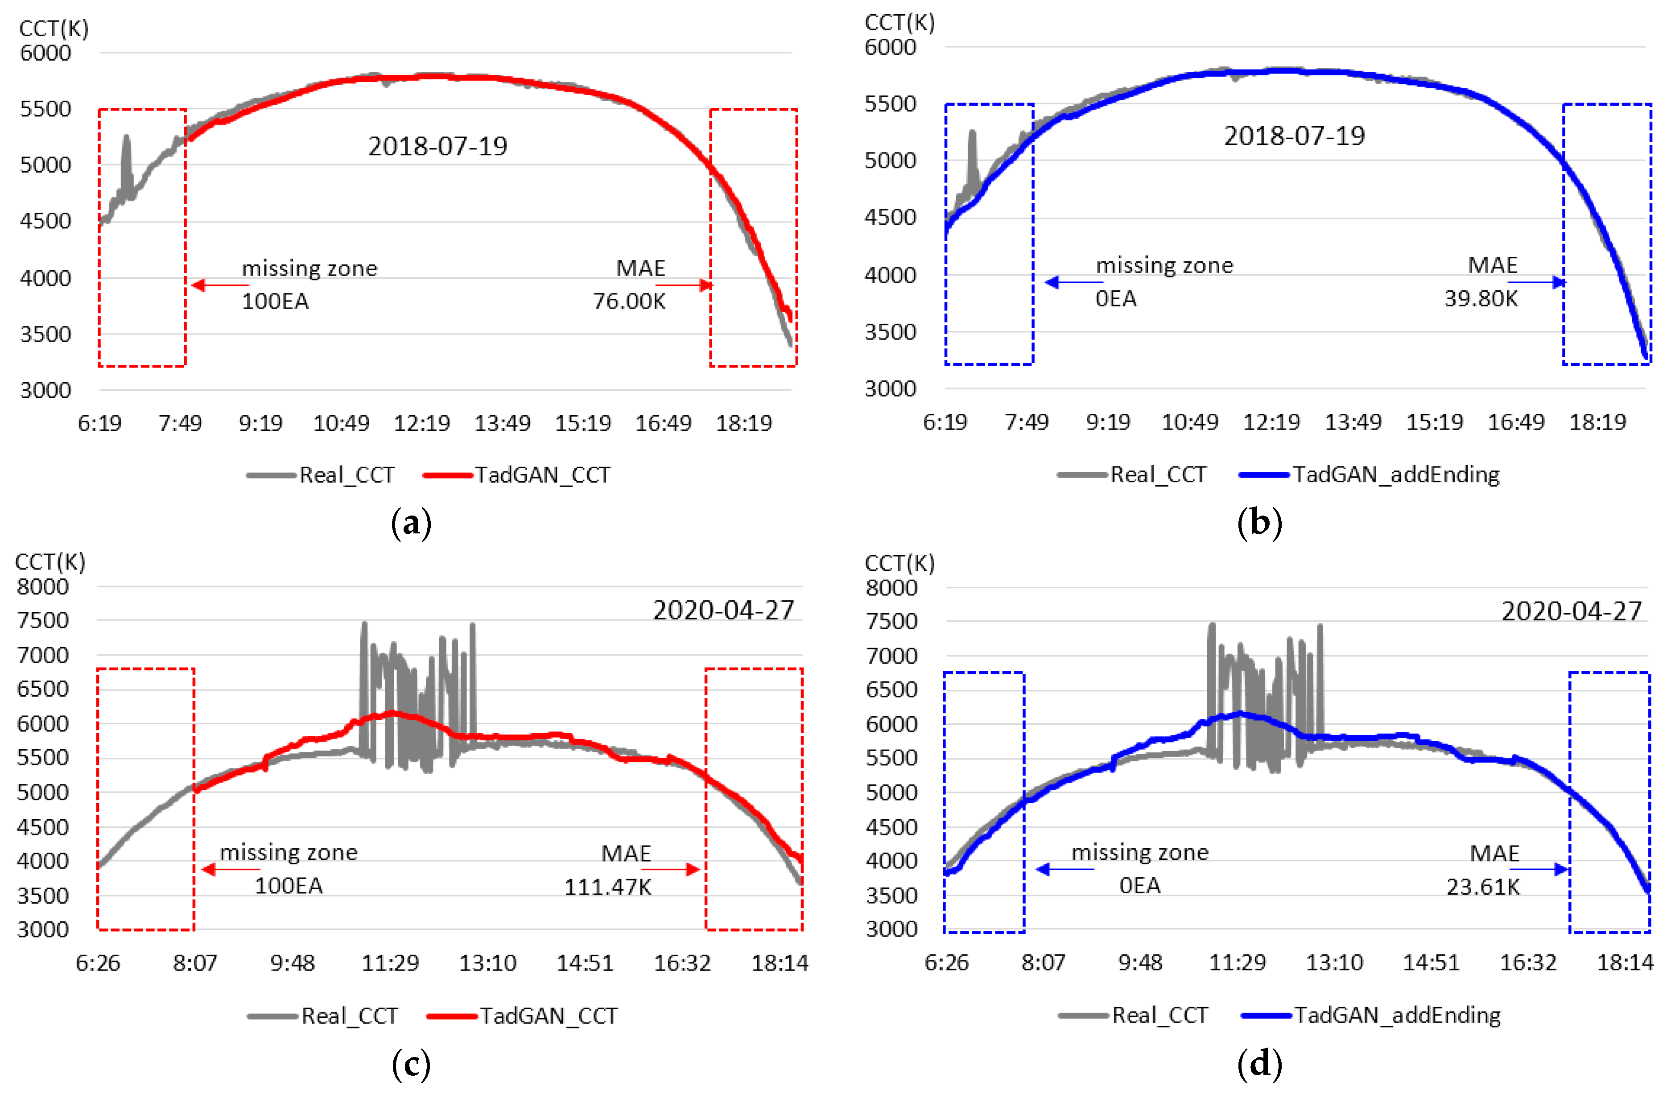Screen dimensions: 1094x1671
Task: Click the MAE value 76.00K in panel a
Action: point(629,301)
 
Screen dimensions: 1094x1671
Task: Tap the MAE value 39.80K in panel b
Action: point(1481,298)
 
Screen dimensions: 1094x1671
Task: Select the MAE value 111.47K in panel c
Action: point(608,887)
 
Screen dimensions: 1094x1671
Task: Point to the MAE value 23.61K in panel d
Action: point(1483,887)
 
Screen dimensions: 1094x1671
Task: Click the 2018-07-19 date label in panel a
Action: point(437,146)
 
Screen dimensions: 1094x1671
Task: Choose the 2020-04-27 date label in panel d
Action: point(1571,611)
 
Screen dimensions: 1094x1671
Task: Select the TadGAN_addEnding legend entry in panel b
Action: point(1396,475)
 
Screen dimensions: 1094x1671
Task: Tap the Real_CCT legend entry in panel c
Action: point(349,1016)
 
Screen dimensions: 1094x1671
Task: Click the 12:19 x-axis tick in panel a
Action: point(421,423)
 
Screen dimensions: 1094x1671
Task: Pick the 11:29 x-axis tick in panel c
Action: point(390,963)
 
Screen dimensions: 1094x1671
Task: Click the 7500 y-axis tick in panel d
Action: point(891,621)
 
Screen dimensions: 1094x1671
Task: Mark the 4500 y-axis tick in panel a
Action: point(45,221)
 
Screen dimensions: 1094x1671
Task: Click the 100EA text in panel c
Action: point(289,885)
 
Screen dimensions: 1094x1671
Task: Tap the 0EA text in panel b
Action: point(1116,298)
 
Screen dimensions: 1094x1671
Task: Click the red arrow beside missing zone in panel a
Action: point(219,285)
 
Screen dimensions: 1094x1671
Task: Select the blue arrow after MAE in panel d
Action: point(1548,869)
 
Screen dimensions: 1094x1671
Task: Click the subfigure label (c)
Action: point(411,1065)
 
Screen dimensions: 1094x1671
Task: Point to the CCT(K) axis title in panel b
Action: point(899,23)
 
